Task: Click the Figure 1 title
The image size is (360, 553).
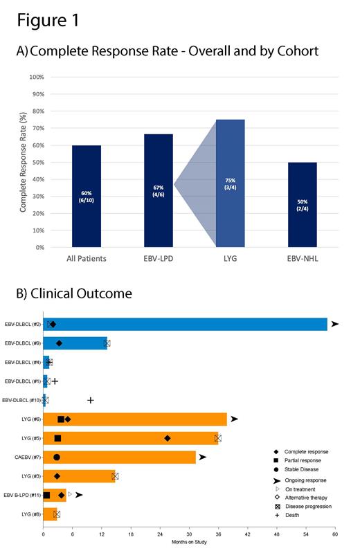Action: click(48, 21)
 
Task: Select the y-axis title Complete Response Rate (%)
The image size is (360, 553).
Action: click(23, 162)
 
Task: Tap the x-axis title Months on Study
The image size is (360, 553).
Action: click(189, 541)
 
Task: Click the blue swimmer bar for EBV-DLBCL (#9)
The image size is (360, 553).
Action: click(75, 343)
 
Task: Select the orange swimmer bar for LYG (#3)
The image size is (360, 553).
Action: click(79, 476)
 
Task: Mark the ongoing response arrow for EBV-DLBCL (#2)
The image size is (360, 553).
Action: click(335, 324)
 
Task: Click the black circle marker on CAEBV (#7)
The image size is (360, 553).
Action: click(57, 457)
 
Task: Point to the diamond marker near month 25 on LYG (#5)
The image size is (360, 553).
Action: click(168, 438)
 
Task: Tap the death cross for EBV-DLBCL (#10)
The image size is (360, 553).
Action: click(90, 400)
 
